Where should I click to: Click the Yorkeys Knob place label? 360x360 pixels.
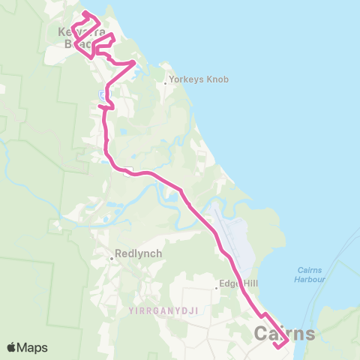coord(199,79)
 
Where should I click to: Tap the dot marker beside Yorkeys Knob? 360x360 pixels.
coord(166,83)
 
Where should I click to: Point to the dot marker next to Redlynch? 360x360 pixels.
coord(111,258)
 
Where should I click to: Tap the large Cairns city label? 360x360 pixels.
coord(285,332)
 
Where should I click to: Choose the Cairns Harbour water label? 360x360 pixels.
coord(310,274)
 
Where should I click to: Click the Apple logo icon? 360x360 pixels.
coord(12,347)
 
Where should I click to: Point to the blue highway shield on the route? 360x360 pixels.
coord(102,94)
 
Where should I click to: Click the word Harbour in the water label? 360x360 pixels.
coord(310,278)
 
